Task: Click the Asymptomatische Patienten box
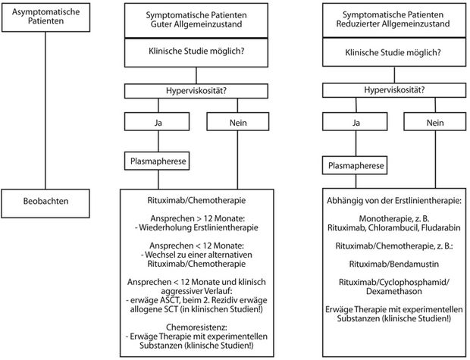tap(45, 17)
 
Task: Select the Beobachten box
tap(45, 203)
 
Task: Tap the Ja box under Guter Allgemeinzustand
tap(157, 121)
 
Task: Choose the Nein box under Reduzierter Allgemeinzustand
tap(435, 121)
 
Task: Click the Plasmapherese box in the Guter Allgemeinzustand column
tap(157, 161)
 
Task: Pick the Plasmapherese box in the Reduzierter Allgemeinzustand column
tap(355, 165)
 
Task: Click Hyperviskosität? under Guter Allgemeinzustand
tap(196, 91)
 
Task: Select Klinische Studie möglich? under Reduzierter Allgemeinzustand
tap(393, 53)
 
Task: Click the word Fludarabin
tap(441, 228)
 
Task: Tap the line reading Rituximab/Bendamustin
tap(394, 264)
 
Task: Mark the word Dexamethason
tap(394, 291)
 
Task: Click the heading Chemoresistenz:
tap(196, 327)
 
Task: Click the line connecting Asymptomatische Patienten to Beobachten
tap(45, 111)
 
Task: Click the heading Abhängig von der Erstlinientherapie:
tap(394, 201)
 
